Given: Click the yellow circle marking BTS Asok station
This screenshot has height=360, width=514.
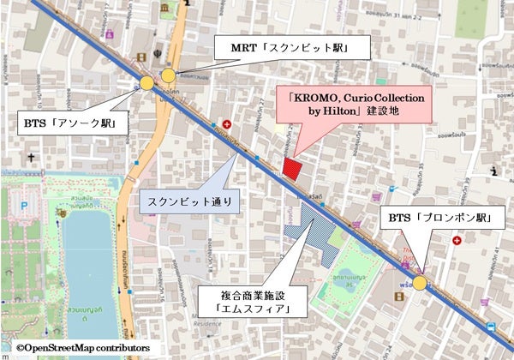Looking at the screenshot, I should coord(147,83).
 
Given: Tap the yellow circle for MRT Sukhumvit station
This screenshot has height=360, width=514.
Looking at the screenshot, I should coord(168,75).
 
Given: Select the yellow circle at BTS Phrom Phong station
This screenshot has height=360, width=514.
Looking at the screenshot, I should coord(420,282).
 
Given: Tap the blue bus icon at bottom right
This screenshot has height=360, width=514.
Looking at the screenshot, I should coord(489,327).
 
